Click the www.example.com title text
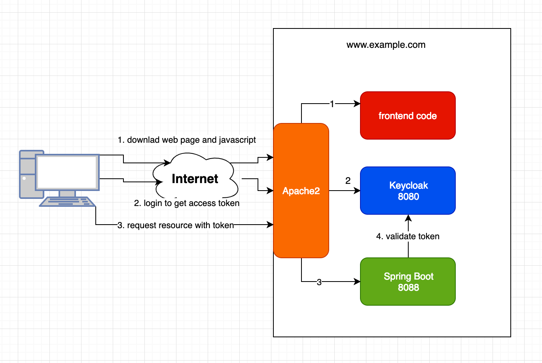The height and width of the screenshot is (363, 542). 386,45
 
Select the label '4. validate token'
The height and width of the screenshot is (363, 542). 407,236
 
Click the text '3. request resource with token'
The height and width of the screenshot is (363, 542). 176,225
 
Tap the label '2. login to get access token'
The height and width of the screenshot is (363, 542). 187,203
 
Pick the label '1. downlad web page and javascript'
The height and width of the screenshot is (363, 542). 187,140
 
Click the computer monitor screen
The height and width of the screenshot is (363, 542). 67,172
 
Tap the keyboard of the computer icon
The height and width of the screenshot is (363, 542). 67,202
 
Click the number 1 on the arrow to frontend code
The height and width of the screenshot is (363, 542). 332,104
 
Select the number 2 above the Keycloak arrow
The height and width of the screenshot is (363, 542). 348,181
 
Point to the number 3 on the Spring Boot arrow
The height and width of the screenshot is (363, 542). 319,282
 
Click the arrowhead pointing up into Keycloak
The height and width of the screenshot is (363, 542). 408,217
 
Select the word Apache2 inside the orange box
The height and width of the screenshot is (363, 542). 301,191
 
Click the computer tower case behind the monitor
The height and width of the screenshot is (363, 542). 28,174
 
